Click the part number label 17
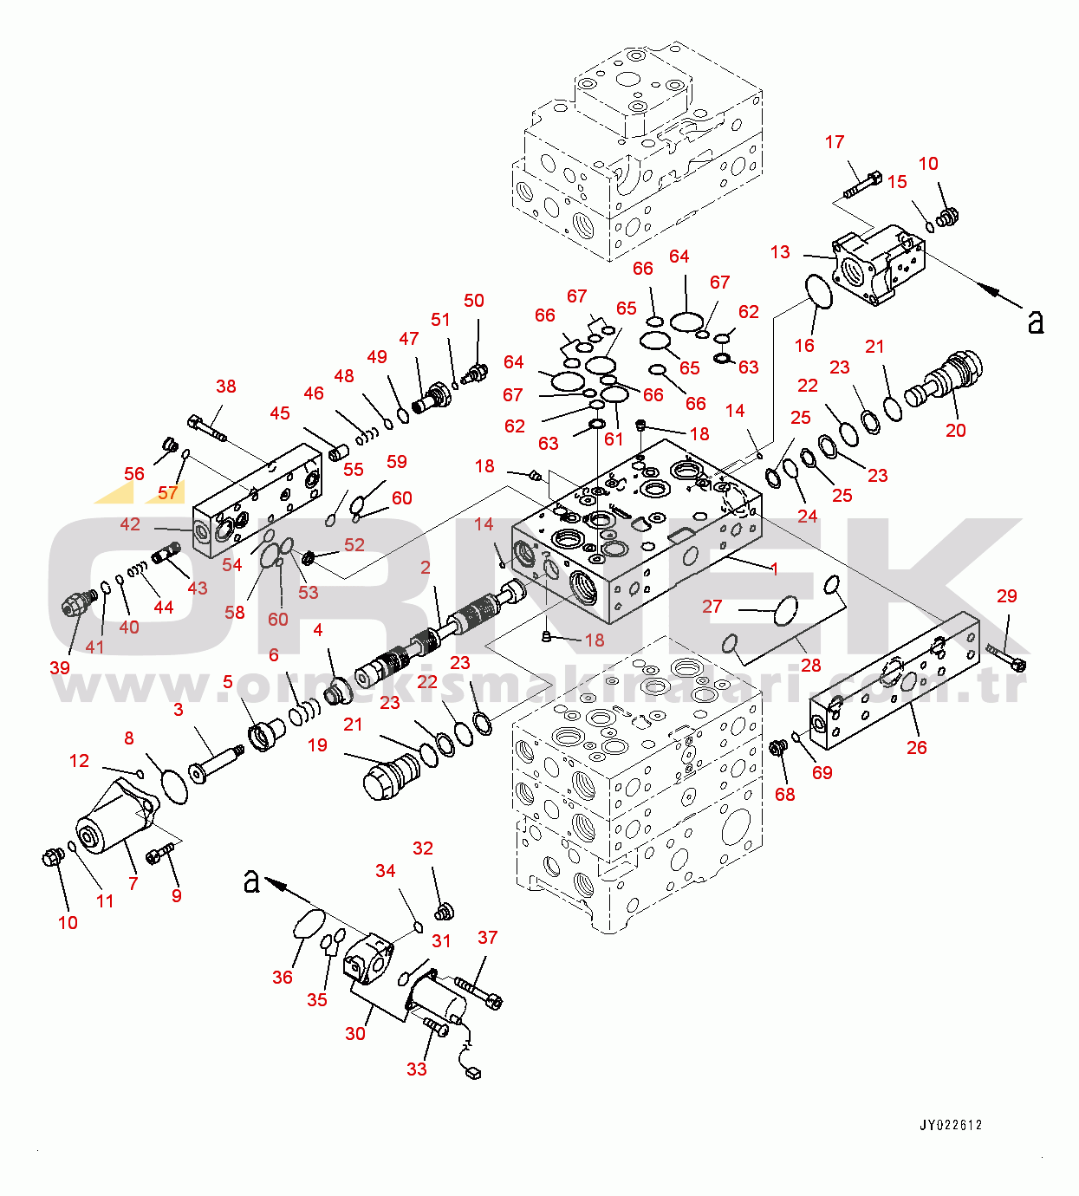[834, 142]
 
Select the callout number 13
[780, 252]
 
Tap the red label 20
[955, 431]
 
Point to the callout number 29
[1006, 596]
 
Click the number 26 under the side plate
[916, 747]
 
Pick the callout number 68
[784, 794]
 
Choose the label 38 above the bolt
[225, 387]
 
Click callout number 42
[130, 524]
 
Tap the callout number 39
[60, 667]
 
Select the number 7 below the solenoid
[133, 883]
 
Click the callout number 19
[317, 745]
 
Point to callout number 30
[355, 1033]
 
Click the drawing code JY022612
[951, 1126]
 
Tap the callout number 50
[473, 301]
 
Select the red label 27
[712, 607]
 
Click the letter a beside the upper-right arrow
[1035, 322]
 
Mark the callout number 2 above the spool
[426, 568]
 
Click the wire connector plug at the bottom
[472, 1074]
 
